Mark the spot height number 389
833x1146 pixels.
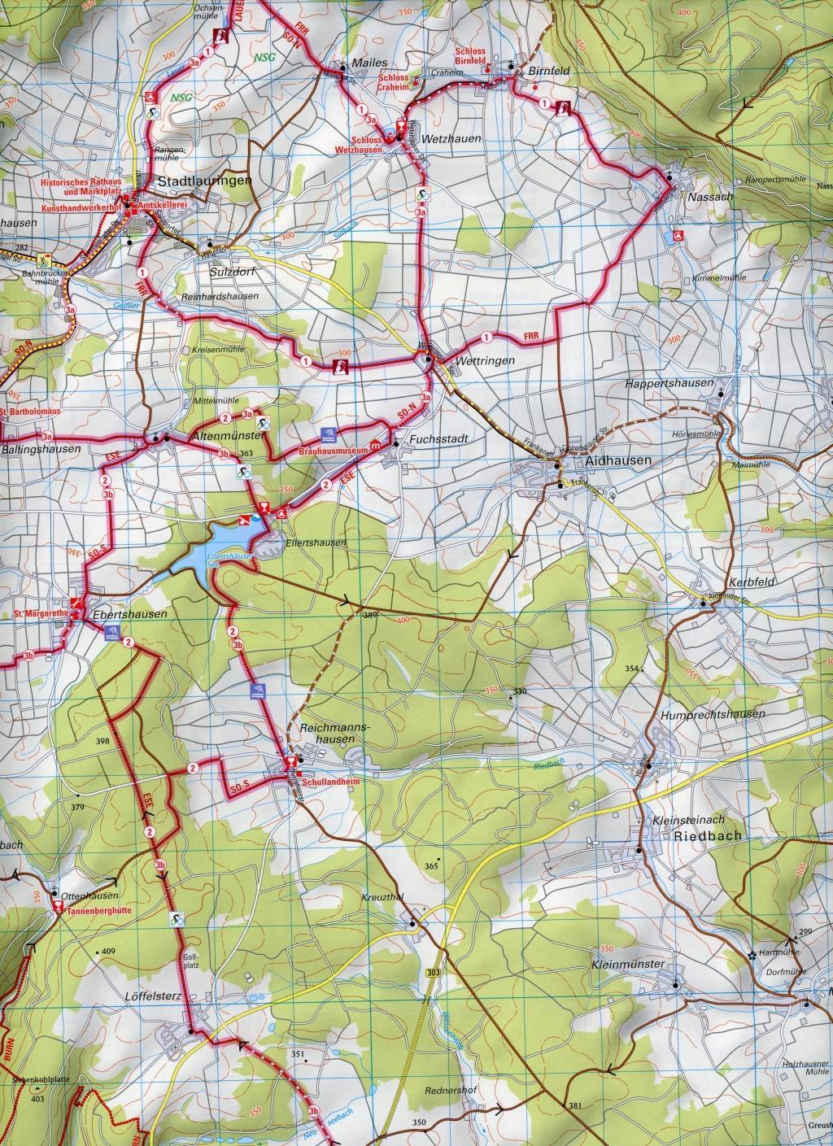[x=371, y=616]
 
